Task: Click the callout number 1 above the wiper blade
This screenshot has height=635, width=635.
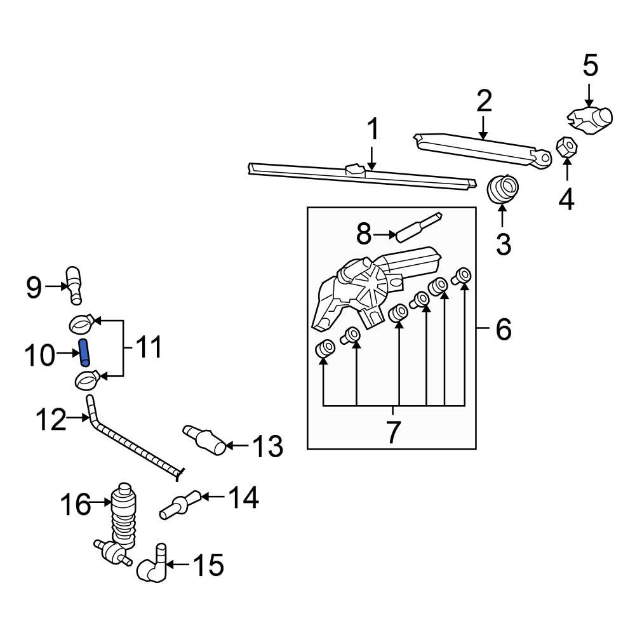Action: (373, 130)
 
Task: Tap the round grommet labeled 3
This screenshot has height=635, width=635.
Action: (502, 189)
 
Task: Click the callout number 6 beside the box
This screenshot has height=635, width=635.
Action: (502, 330)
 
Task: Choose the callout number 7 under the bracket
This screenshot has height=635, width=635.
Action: (393, 432)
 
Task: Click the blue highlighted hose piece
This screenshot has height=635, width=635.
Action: (84, 352)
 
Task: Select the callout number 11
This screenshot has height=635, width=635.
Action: (148, 348)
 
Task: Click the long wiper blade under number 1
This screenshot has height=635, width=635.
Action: (362, 175)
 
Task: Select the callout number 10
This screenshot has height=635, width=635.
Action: (40, 356)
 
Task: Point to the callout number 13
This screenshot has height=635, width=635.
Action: (267, 447)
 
